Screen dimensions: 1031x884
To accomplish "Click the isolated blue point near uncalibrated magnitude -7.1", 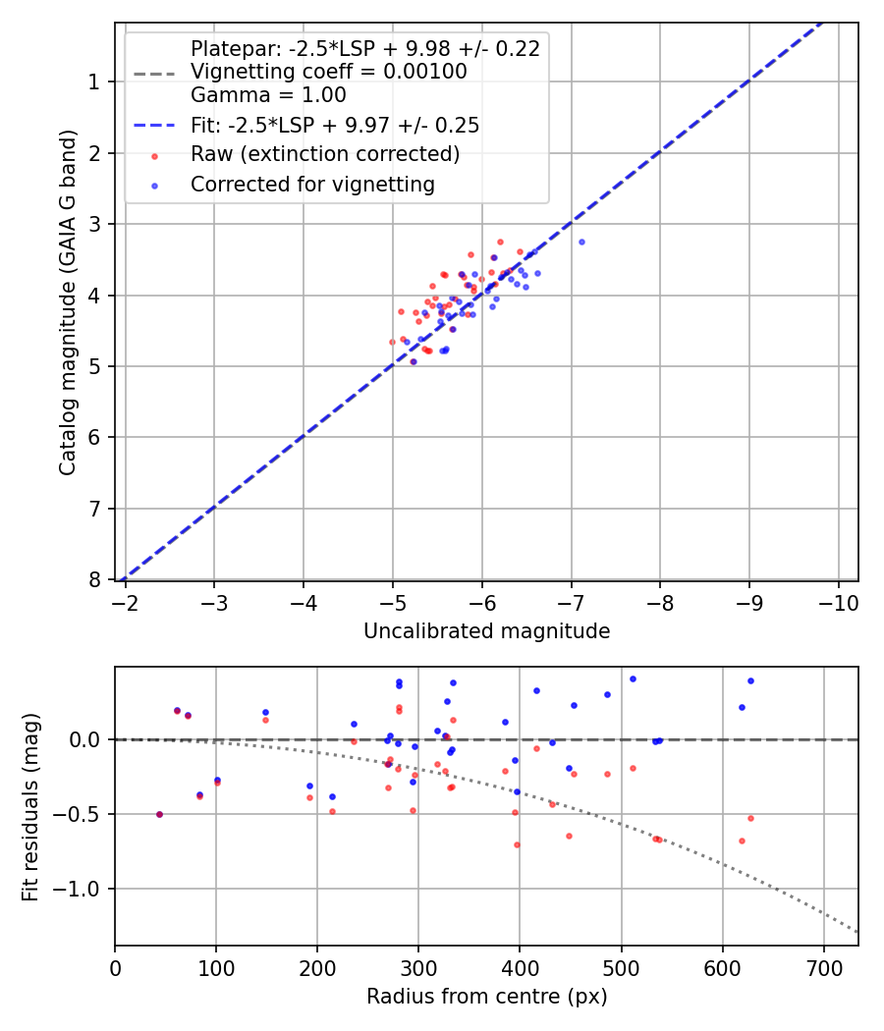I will [x=581, y=242].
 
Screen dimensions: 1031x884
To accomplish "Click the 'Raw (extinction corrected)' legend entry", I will [x=324, y=154].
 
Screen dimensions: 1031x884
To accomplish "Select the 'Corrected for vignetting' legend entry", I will [x=311, y=184].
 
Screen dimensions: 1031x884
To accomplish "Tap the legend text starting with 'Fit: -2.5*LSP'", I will [x=334, y=126].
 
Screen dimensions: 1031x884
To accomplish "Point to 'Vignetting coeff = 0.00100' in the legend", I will [x=328, y=72].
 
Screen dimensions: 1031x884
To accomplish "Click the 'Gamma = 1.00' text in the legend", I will [x=268, y=95].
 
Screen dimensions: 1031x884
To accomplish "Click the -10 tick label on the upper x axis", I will [x=838, y=600].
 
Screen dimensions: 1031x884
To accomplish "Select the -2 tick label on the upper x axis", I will [x=125, y=600].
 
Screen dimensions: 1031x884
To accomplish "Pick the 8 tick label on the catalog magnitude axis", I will [x=94, y=579].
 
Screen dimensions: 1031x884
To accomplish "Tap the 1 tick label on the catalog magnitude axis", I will [x=94, y=81].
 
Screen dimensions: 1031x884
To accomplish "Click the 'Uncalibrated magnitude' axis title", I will [x=486, y=631].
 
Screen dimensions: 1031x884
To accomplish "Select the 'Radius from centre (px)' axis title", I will [x=486, y=997].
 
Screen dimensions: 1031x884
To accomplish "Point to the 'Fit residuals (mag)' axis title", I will [x=30, y=807].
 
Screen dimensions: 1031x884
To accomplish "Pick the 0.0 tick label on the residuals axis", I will [x=86, y=739].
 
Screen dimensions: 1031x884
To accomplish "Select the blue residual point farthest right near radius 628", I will [x=750, y=680].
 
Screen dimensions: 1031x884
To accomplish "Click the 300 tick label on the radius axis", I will [x=418, y=966].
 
